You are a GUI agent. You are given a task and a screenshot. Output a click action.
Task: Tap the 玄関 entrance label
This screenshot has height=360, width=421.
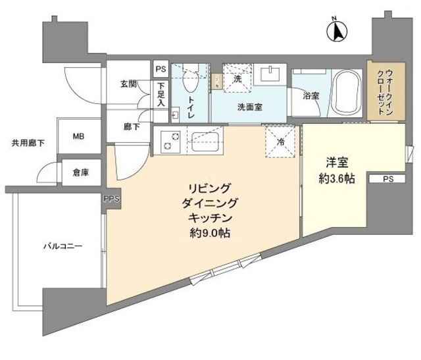128,84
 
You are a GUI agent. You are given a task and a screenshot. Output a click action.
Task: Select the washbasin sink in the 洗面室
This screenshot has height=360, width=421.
271,73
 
